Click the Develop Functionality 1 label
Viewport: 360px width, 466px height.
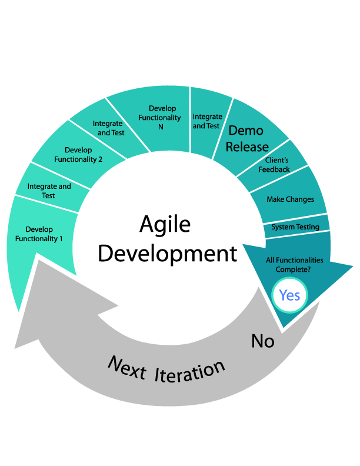[39, 234]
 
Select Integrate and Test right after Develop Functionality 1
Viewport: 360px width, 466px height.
[49, 191]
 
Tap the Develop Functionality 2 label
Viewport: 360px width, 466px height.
[78, 155]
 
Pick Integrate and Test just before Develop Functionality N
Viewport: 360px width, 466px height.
[108, 128]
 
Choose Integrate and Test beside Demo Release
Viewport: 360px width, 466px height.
[206, 121]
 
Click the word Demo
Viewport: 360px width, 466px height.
[245, 130]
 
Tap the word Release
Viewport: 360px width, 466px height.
[247, 147]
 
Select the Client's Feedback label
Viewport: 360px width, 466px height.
[274, 165]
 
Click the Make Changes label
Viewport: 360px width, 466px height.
[290, 199]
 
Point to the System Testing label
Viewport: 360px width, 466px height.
[295, 227]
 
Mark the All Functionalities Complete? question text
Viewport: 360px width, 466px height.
[294, 264]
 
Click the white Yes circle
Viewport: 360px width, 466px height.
[289, 295]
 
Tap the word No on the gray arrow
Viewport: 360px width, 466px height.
[263, 341]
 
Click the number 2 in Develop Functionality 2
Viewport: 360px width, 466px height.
[101, 159]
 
